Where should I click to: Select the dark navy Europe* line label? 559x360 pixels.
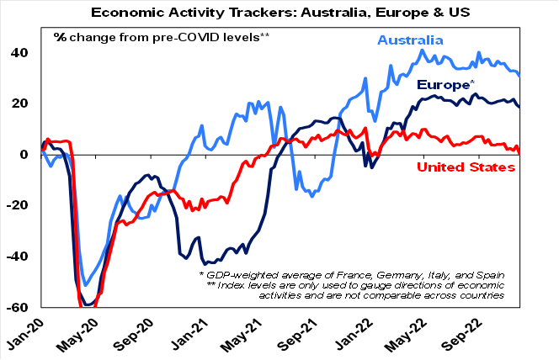pyautogui.click(x=445, y=84)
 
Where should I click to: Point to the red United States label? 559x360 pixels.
pyautogui.click(x=466, y=167)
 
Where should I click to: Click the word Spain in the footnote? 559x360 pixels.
pyautogui.click(x=490, y=275)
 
